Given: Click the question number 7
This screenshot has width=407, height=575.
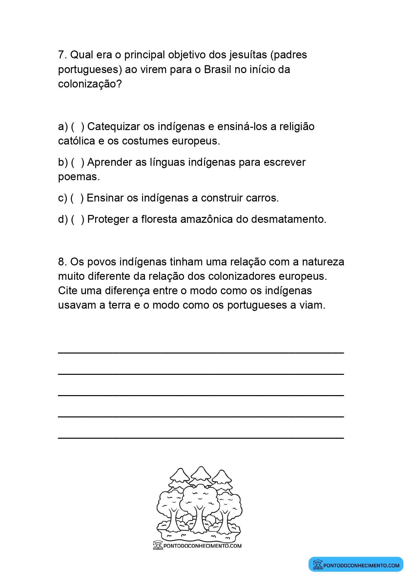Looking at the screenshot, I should coord(62,55).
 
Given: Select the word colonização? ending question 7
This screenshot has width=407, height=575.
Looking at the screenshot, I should coord(90,84).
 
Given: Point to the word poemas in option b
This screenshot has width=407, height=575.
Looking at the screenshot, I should coord(78,177).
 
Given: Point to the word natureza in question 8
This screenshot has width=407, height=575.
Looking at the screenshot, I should coord(323,262).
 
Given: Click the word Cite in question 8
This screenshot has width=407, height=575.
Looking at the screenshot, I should coord(68,291).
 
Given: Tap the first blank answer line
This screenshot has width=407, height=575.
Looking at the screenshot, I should coord(201,352).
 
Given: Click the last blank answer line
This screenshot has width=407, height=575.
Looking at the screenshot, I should coord(201,437).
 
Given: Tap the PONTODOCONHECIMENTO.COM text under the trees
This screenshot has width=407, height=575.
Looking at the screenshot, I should coord(202,546).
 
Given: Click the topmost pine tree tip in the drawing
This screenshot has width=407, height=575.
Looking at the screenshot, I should coord(201,467).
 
